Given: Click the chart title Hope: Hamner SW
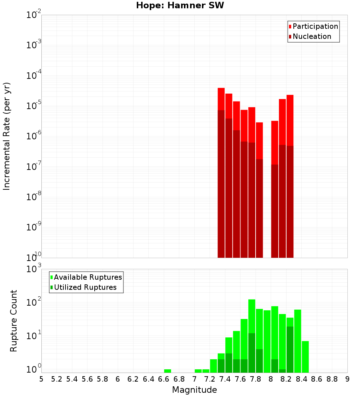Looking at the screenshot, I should (180, 6).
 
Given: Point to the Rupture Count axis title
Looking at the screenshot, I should (14, 321).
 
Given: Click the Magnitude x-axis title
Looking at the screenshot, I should (194, 390).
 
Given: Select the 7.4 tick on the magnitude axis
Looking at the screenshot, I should (225, 379).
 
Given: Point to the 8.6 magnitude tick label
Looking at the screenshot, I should (317, 379).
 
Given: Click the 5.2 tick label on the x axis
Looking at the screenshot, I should (57, 379).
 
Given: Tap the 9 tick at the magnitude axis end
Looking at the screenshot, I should (347, 379).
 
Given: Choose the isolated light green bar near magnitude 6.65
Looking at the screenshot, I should (167, 371).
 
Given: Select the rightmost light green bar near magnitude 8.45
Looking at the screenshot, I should (305, 356).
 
